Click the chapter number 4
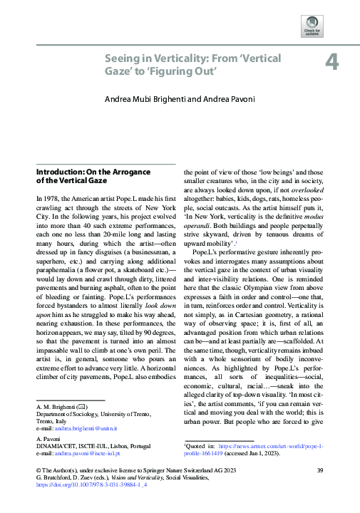(331, 62)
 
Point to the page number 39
(320, 489)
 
